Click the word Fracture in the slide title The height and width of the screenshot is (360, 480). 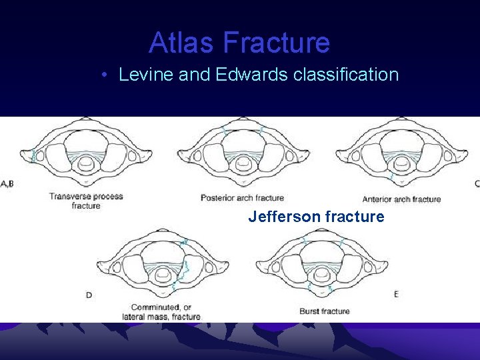click(276, 43)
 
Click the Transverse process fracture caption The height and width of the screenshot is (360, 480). click(86, 201)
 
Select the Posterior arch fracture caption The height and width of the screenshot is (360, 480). click(242, 198)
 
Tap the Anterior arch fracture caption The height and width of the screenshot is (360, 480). click(401, 199)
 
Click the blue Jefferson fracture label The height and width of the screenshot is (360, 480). click(316, 217)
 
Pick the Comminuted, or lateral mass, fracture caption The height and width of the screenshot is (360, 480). click(161, 312)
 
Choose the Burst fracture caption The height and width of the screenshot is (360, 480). click(325, 311)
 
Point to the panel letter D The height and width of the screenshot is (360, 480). click(89, 295)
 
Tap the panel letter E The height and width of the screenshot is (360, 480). click(396, 294)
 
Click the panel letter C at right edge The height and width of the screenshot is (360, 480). click(476, 183)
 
